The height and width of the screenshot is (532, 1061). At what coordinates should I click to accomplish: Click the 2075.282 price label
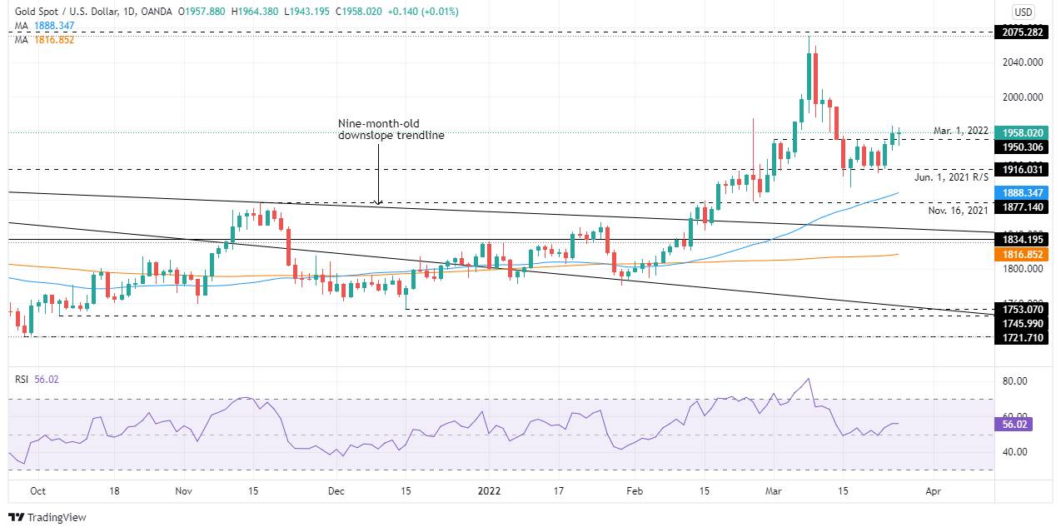pos(1024,32)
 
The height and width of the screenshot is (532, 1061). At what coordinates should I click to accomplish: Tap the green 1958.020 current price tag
pos(1024,132)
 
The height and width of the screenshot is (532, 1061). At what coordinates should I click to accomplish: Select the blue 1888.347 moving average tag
pos(1024,191)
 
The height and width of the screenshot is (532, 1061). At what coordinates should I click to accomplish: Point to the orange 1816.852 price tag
pos(1024,255)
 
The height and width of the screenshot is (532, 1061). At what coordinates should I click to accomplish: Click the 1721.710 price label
pos(1024,336)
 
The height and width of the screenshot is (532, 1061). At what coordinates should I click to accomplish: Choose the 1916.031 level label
pos(1024,169)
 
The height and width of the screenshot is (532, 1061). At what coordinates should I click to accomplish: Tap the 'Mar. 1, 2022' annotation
pos(961,131)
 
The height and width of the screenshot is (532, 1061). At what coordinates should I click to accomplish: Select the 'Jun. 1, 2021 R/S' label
pos(952,177)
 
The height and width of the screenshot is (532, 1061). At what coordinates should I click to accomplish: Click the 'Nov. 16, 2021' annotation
pos(958,211)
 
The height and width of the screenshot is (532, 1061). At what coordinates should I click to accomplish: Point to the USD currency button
pos(1023,12)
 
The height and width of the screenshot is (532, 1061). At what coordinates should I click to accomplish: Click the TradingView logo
pos(48,517)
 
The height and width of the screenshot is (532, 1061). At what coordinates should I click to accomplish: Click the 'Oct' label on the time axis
pos(37,491)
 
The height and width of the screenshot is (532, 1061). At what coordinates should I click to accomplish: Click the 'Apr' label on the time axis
pos(933,491)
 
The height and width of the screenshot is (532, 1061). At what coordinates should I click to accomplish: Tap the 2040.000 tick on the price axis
pos(1024,62)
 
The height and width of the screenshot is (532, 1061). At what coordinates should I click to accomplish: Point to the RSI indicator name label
pos(22,379)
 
